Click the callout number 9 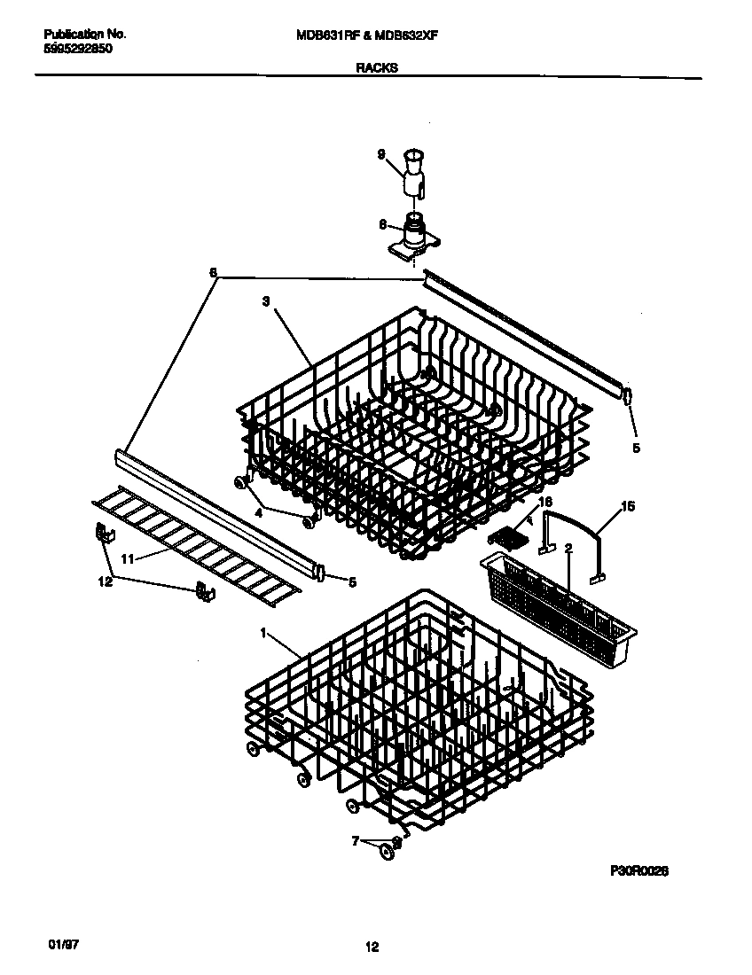tap(380, 154)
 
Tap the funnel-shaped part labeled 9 tap(413, 173)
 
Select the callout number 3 tap(265, 301)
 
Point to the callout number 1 tap(263, 634)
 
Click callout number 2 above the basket tap(568, 549)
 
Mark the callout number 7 tap(356, 840)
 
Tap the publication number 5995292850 tap(78, 50)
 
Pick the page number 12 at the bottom tap(372, 948)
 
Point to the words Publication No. tap(84, 35)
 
